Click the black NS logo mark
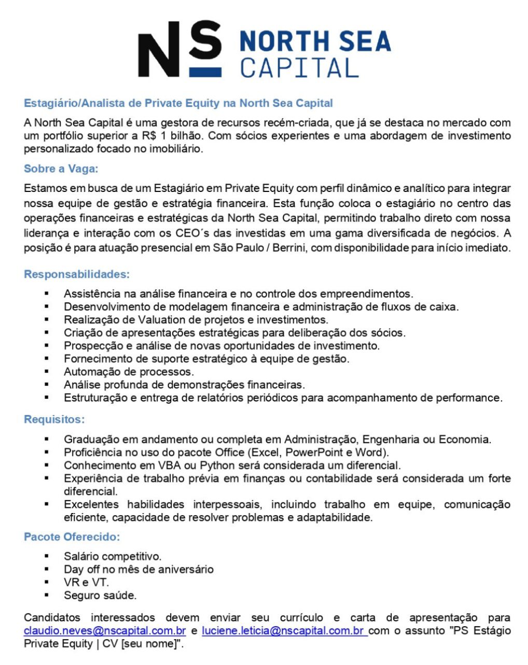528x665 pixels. coord(179,49)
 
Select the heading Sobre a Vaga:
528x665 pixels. coord(61,169)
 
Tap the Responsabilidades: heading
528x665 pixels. coord(77,274)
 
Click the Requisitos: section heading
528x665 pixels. coord(54,419)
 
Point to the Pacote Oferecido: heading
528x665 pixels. coord(72,536)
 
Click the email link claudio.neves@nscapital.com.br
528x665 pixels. coord(105,631)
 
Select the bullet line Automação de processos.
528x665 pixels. coord(129,372)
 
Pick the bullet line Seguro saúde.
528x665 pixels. coord(100,595)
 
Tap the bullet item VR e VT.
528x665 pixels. coord(86,583)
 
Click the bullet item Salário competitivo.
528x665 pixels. coord(113,557)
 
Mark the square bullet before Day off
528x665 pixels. coord(47,569)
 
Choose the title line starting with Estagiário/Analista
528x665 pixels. coord(178,103)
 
